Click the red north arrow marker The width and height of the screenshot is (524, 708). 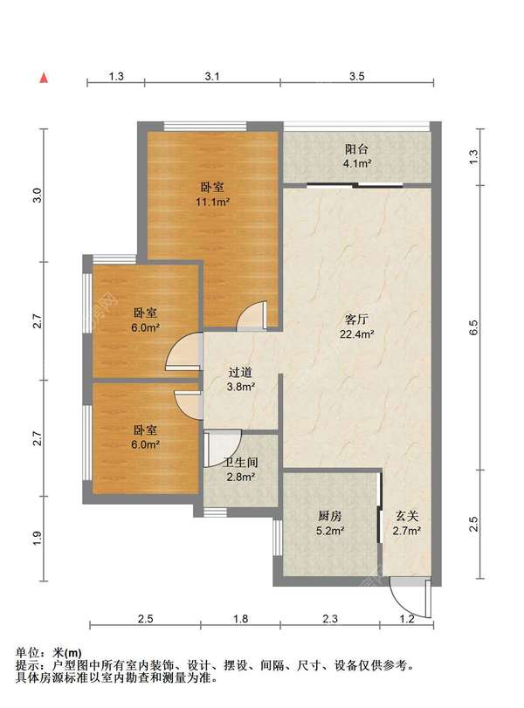[x=44, y=78]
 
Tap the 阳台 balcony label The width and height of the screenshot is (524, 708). [x=357, y=149]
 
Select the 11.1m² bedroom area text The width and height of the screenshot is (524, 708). [x=213, y=202]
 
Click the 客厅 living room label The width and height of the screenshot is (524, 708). [x=357, y=320]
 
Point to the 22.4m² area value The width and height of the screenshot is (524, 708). [x=357, y=334]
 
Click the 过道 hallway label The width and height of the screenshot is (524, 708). [x=240, y=373]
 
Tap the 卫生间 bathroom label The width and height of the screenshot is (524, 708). [x=241, y=463]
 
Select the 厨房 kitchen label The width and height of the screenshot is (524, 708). [x=330, y=516]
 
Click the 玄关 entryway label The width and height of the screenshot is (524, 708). [x=407, y=516]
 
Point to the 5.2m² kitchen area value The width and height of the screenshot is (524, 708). [x=330, y=531]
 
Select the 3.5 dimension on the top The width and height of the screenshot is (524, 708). [x=356, y=76]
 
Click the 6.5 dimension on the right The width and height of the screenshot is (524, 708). [x=473, y=327]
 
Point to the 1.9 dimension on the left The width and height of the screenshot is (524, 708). [x=38, y=538]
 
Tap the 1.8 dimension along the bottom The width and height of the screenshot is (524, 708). [x=241, y=618]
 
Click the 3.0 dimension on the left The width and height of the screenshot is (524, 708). [x=38, y=195]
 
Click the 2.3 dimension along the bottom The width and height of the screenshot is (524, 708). [x=330, y=618]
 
